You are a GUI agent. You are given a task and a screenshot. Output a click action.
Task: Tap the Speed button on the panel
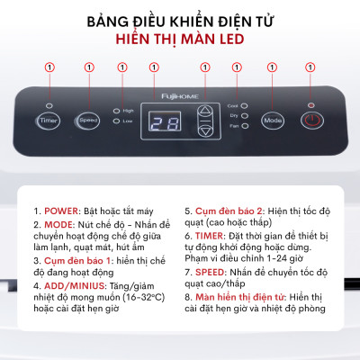tap(87, 119)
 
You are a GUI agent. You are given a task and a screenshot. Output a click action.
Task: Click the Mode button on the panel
tap(273, 119)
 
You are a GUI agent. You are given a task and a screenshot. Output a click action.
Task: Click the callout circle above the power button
tap(310, 67)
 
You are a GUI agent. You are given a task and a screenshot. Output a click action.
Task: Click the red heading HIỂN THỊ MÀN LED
tap(180, 40)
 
